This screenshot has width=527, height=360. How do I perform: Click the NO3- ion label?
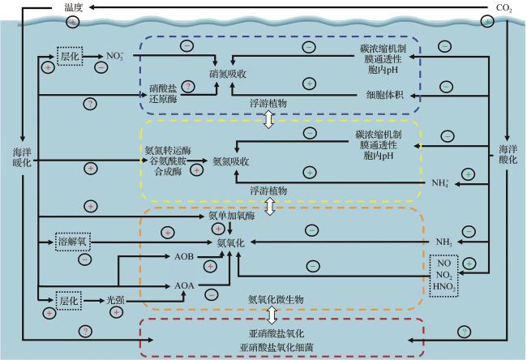[115, 56]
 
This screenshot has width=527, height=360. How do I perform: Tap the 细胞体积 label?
[386, 95]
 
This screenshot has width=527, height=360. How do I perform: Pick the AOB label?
[184, 256]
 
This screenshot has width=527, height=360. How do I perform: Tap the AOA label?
[184, 285]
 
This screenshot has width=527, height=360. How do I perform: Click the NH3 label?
[442, 242]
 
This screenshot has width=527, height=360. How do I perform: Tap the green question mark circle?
[464, 331]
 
